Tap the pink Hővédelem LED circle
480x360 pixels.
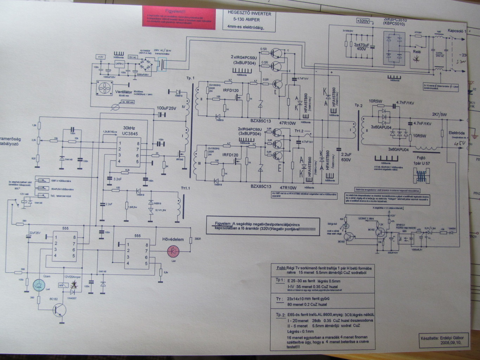point(173,250)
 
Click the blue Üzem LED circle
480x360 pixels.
point(38,286)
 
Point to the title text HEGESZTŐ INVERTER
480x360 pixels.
point(249,14)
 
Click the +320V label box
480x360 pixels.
point(363,21)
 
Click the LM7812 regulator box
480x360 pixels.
point(120,64)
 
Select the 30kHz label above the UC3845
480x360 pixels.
point(129,128)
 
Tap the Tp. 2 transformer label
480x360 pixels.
point(359,105)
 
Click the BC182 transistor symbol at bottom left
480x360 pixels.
point(59,310)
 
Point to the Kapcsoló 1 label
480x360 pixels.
point(457,31)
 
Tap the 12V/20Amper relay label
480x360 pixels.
point(72,278)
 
